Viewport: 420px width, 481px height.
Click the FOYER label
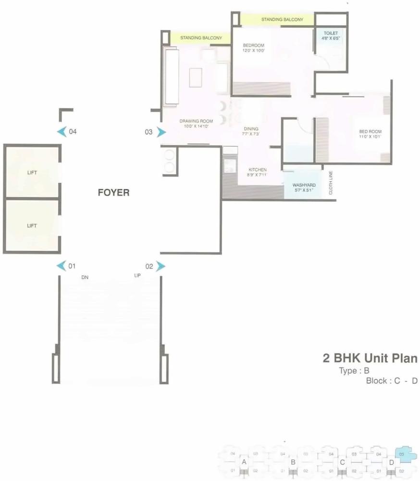pyautogui.click(x=113, y=193)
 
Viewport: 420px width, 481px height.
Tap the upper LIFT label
pyautogui.click(x=32, y=172)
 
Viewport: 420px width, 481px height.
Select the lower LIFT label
pyautogui.click(x=32, y=225)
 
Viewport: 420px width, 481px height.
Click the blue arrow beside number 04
pyautogui.click(x=61, y=132)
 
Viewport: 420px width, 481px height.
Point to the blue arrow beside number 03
pyautogui.click(x=161, y=132)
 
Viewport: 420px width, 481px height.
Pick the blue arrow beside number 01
pyautogui.click(x=61, y=266)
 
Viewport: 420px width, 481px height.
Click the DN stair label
pyautogui.click(x=85, y=278)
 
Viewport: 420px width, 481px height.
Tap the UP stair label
pyautogui.click(x=137, y=276)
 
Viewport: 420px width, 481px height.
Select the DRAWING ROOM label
pyautogui.click(x=196, y=121)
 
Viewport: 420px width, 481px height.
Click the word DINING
pyautogui.click(x=251, y=129)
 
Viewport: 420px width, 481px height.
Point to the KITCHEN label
pyautogui.click(x=258, y=170)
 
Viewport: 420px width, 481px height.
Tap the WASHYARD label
pyautogui.click(x=304, y=185)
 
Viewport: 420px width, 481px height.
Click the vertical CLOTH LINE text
pyautogui.click(x=331, y=183)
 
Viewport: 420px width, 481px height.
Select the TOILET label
pyautogui.click(x=331, y=33)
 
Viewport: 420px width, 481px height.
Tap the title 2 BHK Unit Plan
pyautogui.click(x=370, y=358)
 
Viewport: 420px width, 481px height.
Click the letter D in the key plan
pyautogui.click(x=392, y=462)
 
